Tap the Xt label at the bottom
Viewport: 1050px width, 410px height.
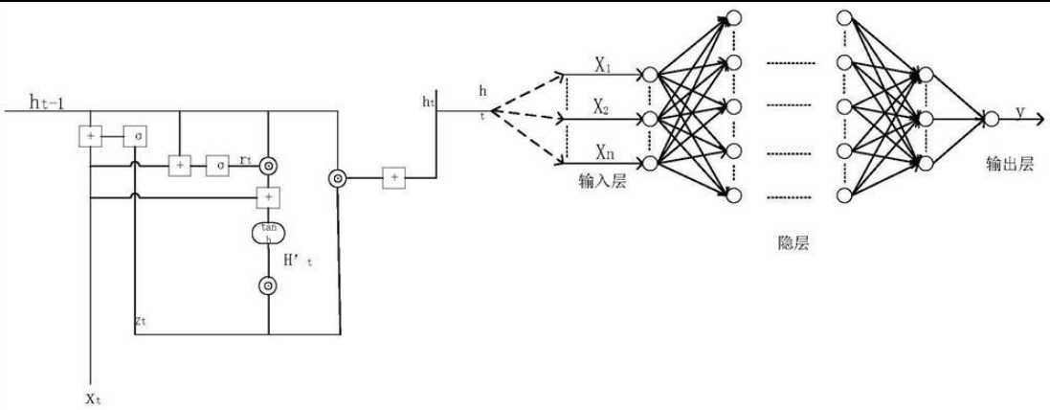click(x=93, y=397)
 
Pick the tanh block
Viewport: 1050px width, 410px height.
click(x=269, y=233)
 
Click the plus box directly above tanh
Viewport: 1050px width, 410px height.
click(x=270, y=197)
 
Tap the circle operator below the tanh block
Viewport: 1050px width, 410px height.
click(x=269, y=285)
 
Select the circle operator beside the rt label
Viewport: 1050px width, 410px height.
click(x=270, y=166)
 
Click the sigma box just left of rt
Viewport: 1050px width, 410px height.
click(x=221, y=166)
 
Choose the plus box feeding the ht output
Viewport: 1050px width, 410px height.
click(x=393, y=177)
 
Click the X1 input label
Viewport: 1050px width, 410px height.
click(x=603, y=68)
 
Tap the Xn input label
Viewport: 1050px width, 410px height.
click(x=603, y=151)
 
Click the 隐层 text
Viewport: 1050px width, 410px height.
click(x=793, y=243)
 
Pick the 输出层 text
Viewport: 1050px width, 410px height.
click(x=1013, y=164)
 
